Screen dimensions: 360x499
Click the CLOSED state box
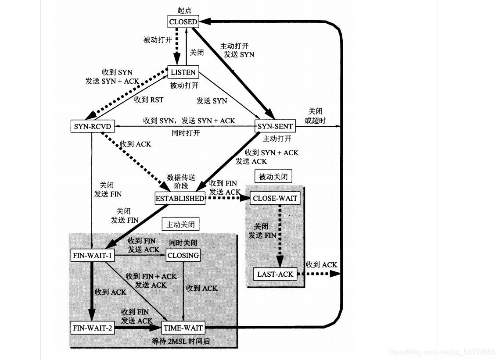coord(183,21)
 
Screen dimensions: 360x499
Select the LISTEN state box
coord(183,72)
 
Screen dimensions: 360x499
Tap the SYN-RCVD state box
coord(92,126)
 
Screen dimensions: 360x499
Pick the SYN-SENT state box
coord(275,126)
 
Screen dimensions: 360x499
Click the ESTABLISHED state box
coord(180,198)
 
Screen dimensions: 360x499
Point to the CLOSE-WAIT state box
coord(275,198)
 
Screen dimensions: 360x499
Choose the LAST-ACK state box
coord(275,274)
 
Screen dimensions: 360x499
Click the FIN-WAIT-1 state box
coord(92,255)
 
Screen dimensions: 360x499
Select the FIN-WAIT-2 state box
coord(92,328)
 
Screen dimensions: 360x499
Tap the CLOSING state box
coord(183,255)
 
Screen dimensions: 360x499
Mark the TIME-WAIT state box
coord(183,328)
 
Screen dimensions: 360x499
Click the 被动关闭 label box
coord(273,177)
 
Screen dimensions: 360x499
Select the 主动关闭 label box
coord(180,225)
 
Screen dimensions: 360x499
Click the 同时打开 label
coord(186,133)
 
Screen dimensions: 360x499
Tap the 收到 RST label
coord(149,100)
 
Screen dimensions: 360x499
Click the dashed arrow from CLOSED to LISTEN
coord(176,46)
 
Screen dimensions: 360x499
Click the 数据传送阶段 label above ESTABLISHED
coord(181,182)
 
